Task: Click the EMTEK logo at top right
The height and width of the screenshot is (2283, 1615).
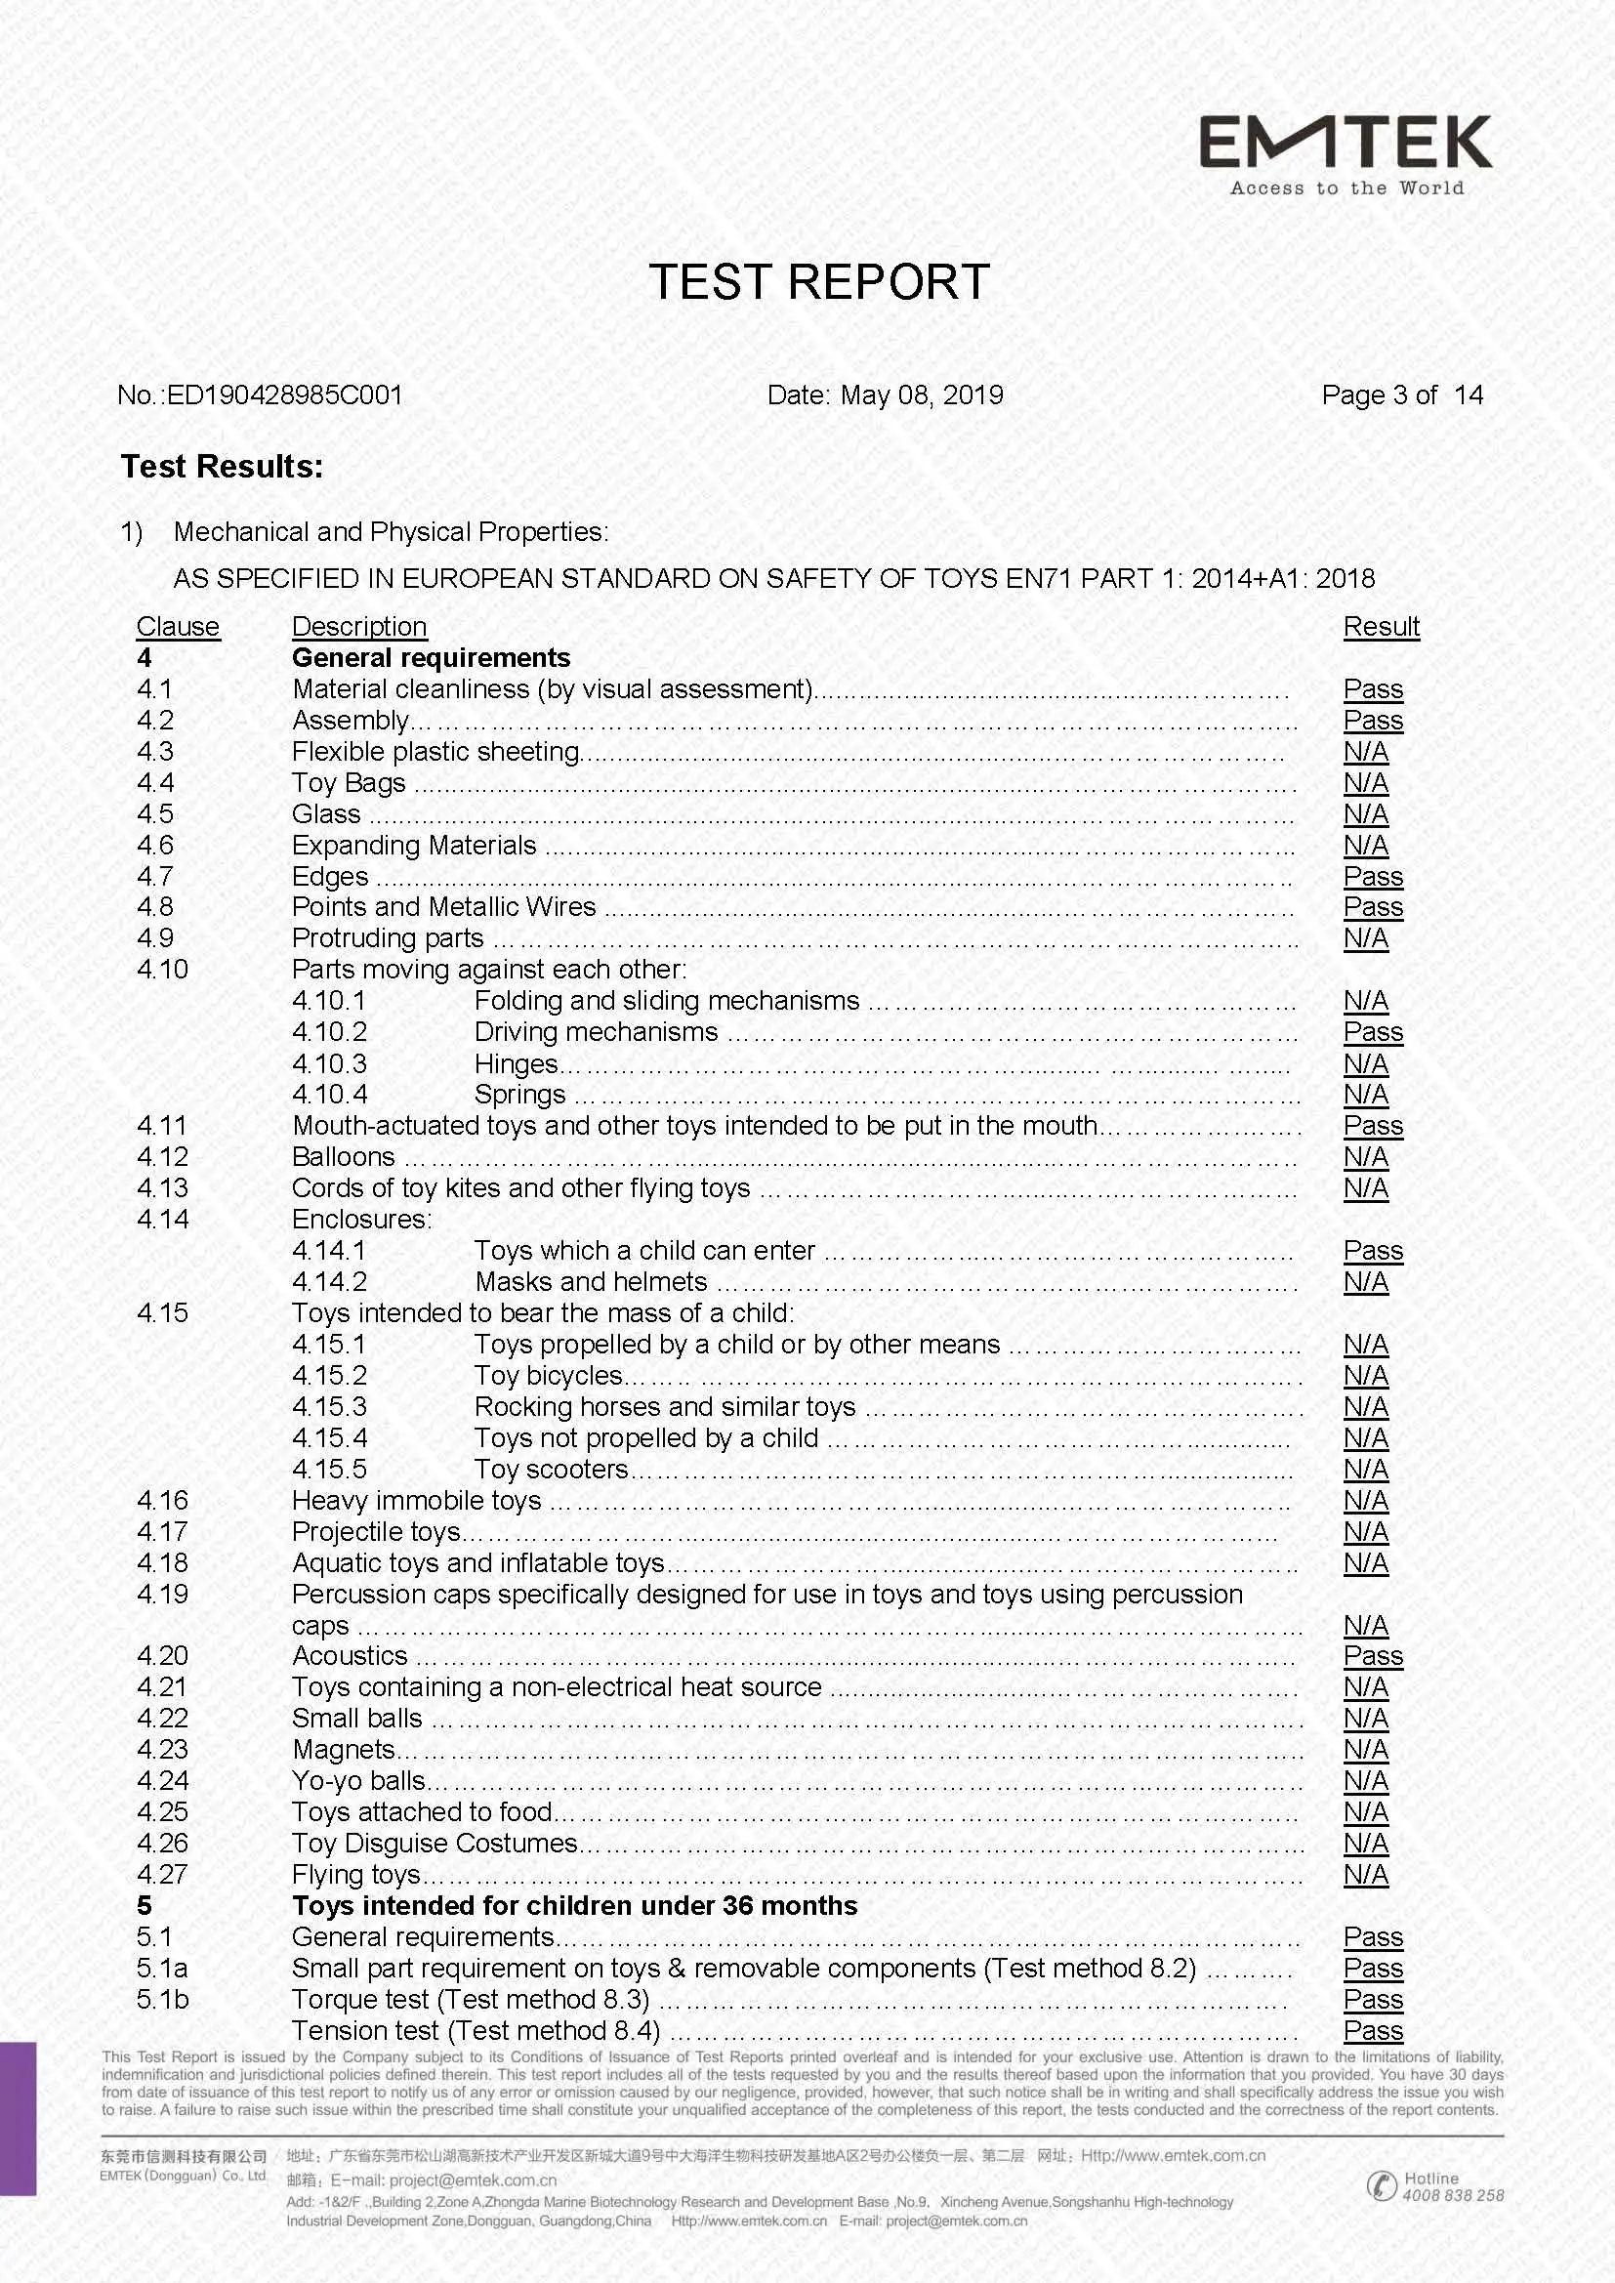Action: pos(1346,153)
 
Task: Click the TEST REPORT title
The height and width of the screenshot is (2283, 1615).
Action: pos(818,282)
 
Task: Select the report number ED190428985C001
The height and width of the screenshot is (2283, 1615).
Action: pos(283,394)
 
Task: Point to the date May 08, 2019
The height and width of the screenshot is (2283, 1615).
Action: pos(921,394)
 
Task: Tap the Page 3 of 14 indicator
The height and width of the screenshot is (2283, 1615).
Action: pos(1401,394)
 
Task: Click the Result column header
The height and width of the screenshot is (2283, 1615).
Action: pos(1381,627)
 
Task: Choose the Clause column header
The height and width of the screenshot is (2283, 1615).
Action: pos(177,627)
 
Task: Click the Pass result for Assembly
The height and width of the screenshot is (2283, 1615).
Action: pos(1372,720)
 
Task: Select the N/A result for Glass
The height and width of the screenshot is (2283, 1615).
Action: pos(1365,813)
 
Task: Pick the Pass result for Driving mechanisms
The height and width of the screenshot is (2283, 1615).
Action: pos(1372,1032)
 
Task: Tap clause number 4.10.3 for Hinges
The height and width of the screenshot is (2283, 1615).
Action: pos(329,1064)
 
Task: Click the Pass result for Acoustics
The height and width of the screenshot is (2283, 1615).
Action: pos(1372,1655)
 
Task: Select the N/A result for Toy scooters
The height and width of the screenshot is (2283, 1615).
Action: pos(1365,1469)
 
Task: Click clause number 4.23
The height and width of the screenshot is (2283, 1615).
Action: pos(162,1749)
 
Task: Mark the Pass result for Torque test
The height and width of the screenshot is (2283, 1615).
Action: pos(1372,1999)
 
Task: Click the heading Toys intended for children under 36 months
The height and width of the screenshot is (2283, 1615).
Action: pos(574,1905)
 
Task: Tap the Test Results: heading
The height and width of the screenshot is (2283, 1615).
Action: pos(222,467)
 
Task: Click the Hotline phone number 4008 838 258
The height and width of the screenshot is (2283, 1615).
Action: pos(1452,2195)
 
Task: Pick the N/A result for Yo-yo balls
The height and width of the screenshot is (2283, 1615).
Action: pos(1365,1780)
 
